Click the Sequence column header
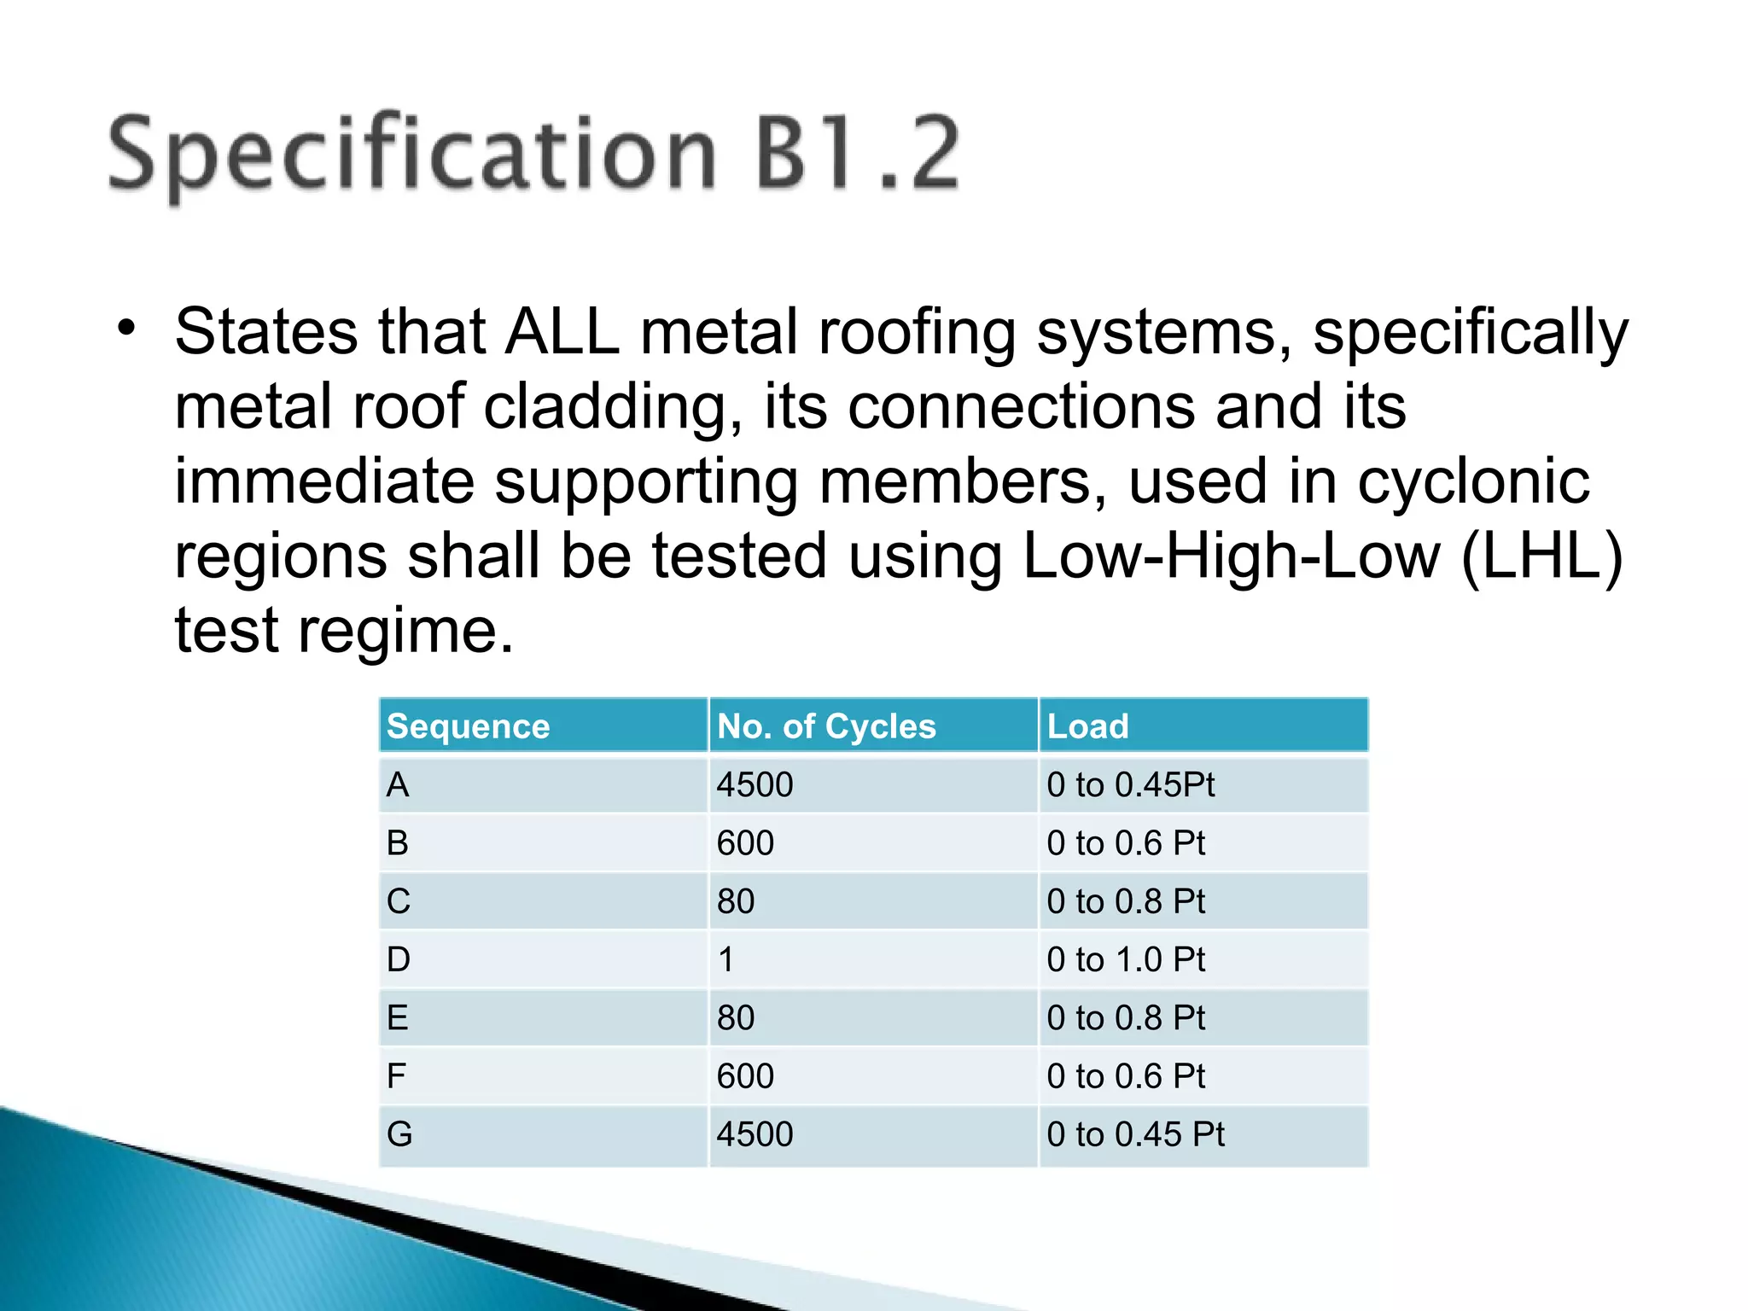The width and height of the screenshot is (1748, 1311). [x=469, y=726]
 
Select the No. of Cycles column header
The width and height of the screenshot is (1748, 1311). [x=826, y=726]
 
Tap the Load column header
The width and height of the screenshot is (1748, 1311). [x=1087, y=726]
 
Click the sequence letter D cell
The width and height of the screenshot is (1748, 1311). [x=399, y=959]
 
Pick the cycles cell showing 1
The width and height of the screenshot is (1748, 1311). [x=726, y=959]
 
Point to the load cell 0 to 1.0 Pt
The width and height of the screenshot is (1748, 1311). [x=1126, y=959]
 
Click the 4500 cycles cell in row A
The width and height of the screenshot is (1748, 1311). [x=755, y=784]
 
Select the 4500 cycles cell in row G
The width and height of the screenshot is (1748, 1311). [x=755, y=1134]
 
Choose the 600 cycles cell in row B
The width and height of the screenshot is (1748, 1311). [x=745, y=843]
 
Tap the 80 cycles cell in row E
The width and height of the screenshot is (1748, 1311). [x=736, y=1017]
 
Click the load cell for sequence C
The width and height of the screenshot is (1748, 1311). [x=1126, y=901]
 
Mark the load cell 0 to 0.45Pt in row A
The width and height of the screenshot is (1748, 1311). [x=1130, y=784]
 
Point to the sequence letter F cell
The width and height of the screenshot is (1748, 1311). [x=396, y=1076]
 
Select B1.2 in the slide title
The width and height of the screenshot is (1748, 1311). [x=858, y=154]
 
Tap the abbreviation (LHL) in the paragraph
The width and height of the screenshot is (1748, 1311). [x=1541, y=556]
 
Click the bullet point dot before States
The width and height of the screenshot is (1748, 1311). [x=127, y=329]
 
